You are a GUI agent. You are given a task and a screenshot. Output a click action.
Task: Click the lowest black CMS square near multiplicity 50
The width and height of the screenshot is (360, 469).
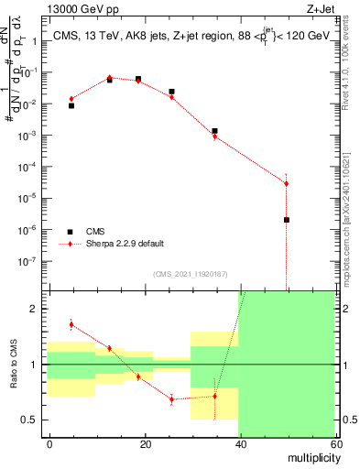(x=287, y=220)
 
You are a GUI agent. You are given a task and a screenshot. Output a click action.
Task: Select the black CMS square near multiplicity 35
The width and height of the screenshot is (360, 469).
(x=214, y=131)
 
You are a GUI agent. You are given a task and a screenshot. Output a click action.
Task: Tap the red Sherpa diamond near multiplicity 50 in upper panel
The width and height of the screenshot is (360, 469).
(x=287, y=183)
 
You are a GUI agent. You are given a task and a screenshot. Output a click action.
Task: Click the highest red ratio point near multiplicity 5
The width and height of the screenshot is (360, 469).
(x=71, y=324)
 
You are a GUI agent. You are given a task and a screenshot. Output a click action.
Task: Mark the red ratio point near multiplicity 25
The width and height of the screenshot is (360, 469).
(x=171, y=399)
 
